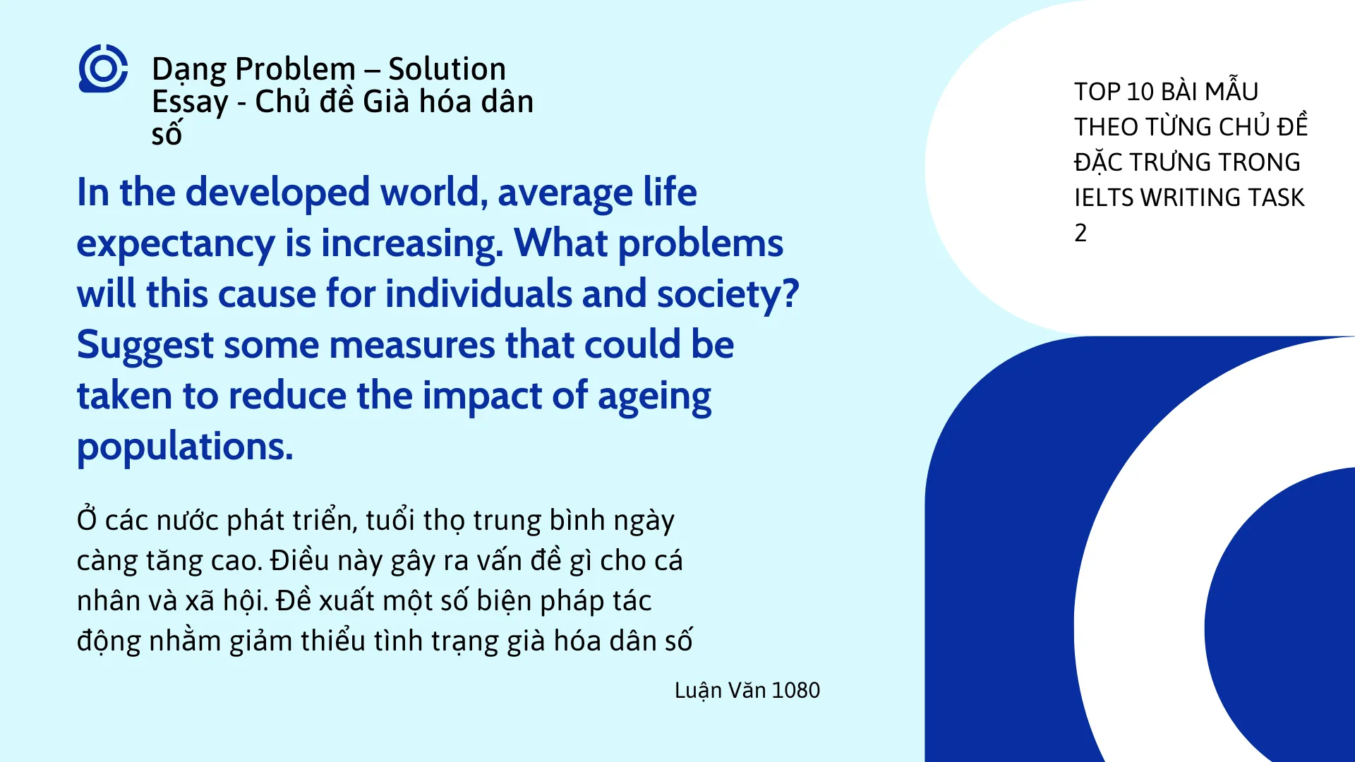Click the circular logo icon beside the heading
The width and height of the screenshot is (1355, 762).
point(103,68)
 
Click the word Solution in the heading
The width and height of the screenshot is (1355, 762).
point(447,69)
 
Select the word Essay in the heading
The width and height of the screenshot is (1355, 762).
point(190,102)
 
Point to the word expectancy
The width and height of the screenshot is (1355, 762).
point(175,244)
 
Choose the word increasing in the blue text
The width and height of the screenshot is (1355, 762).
point(412,244)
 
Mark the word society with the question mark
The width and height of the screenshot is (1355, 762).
point(728,295)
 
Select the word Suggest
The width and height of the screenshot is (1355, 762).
point(145,346)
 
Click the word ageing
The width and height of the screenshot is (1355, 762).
point(654,397)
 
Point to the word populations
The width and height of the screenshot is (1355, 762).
point(184,447)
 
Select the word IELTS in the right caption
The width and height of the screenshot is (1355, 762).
point(1104,198)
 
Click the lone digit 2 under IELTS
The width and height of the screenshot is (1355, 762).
point(1080,233)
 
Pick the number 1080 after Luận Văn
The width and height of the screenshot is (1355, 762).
point(795,690)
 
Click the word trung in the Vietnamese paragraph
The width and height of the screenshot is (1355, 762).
point(507,521)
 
